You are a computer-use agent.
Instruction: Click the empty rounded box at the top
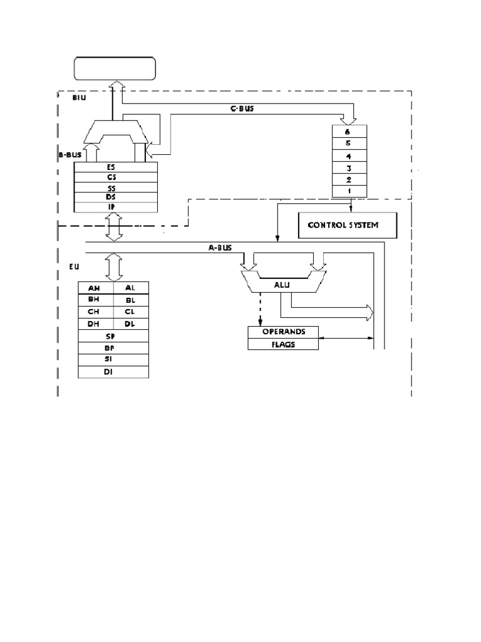pos(115,68)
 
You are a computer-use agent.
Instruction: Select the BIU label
pos(81,97)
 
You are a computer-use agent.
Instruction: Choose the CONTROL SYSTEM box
pos(346,224)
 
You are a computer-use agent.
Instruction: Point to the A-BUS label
pos(220,247)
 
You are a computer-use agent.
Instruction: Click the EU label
pos(73,266)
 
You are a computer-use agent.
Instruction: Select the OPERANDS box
pos(284,332)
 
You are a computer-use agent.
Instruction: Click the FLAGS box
pos(284,344)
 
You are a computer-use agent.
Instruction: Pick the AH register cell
pos(95,288)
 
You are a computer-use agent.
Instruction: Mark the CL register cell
pos(130,312)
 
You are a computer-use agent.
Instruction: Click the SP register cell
pos(113,336)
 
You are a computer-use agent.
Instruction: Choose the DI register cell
pos(113,372)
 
